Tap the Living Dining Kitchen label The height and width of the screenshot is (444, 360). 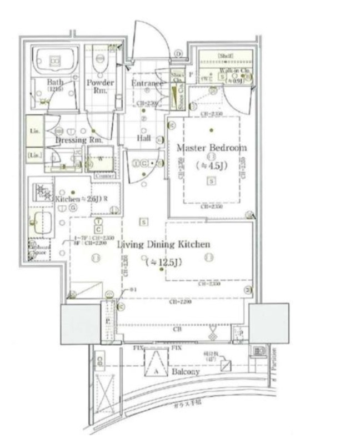(163, 244)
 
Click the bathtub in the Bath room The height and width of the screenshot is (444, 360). (54, 60)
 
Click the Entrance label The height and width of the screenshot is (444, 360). (147, 83)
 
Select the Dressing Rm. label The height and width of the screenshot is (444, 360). (79, 140)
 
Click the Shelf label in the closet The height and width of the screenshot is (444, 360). (224, 56)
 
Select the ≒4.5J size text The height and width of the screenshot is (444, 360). (211, 165)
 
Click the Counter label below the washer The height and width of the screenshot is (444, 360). (104, 175)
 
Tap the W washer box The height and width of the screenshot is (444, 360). (101, 159)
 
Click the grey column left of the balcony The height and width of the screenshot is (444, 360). (80, 324)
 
